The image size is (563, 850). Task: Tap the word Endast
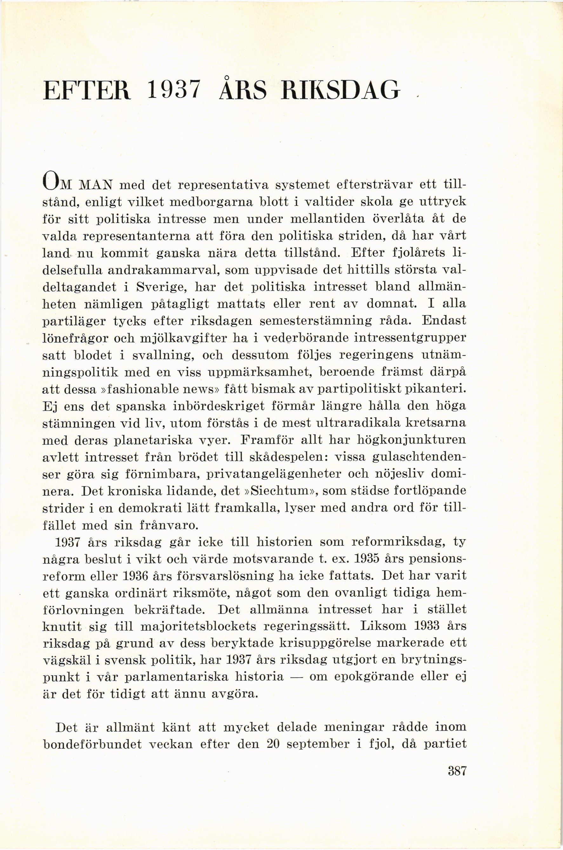click(444, 321)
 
